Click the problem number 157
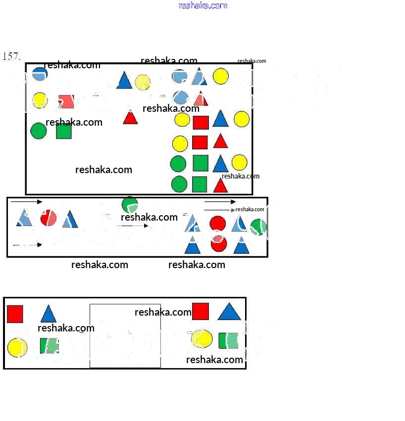pos(11,56)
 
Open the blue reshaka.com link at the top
pos(202,5)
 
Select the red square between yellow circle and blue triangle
pos(201,122)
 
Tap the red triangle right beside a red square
pos(220,141)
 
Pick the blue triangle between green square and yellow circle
pos(220,163)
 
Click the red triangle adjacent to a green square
pos(220,186)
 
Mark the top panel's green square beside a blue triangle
pos(200,163)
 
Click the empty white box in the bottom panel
pos(125,336)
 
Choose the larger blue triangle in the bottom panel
pos(229,312)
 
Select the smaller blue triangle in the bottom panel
pos(48,314)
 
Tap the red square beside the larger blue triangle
pos(201,312)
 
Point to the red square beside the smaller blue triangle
pos(15,314)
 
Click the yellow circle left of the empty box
pos(17,347)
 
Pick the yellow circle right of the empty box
pos(202,339)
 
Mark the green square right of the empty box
pos(228,340)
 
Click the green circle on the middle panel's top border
pos(130,203)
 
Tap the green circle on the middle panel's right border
pos(258,227)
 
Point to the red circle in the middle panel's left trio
pos(48,218)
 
